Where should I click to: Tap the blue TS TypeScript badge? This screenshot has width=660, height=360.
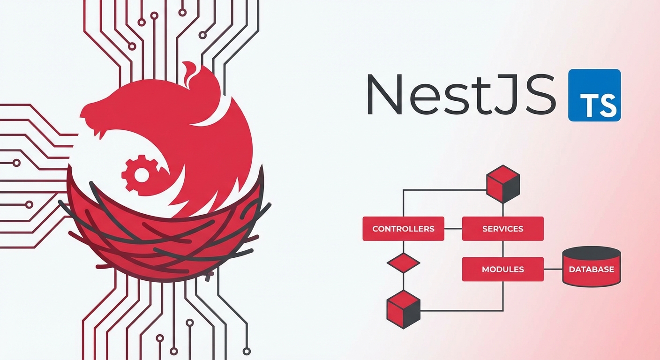[x=594, y=95]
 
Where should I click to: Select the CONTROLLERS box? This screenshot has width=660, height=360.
[x=403, y=229]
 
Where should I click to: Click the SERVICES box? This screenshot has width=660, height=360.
[x=502, y=229]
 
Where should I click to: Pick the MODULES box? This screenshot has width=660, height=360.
[x=502, y=270]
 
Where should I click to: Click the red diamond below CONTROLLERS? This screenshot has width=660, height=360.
[x=403, y=263]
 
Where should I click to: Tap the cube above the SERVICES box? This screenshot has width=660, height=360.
[x=503, y=183]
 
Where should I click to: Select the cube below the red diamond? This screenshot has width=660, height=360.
[x=403, y=309]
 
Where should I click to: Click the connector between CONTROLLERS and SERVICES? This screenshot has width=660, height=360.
[x=453, y=229]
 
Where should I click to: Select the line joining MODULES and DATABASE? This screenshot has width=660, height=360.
[x=553, y=270]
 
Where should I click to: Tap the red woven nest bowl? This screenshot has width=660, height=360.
[x=164, y=239]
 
